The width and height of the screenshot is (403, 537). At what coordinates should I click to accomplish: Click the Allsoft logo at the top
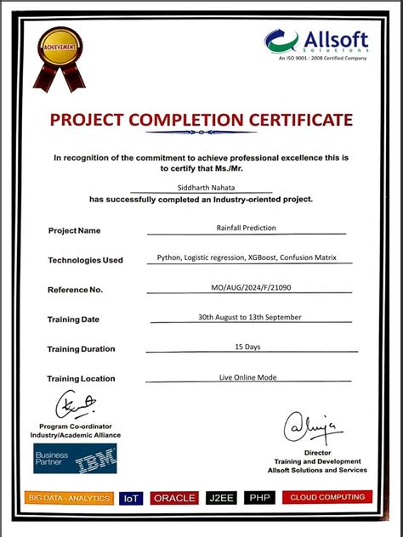315,42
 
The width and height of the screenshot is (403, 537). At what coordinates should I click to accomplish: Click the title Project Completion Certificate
201,120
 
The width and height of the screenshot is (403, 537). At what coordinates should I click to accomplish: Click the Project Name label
74,230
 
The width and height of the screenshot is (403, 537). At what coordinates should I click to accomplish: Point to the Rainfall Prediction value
247,228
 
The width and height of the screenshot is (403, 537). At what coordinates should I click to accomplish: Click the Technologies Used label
85,260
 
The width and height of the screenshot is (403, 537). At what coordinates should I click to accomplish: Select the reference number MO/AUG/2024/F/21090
251,288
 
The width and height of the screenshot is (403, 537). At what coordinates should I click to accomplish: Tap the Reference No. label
75,290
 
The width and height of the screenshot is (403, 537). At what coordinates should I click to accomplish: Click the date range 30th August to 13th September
250,317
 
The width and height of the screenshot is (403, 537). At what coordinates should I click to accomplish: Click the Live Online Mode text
248,376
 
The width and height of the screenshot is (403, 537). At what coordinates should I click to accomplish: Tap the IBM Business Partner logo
75,458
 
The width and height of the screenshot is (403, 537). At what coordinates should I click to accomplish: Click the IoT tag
131,499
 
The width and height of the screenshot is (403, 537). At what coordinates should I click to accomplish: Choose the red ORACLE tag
174,499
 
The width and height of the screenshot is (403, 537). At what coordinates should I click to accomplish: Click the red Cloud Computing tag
327,497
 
